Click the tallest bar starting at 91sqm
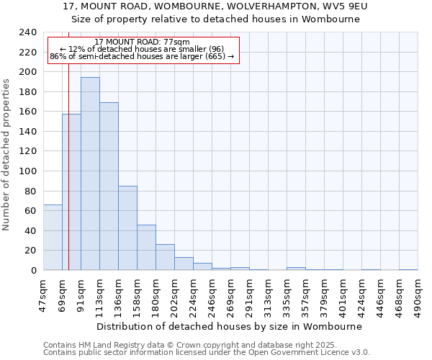pos(90,174)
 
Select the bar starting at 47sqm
pos(53,238)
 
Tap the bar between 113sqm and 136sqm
pos(109,186)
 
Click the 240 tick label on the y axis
pos(27,32)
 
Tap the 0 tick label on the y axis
pos(34,271)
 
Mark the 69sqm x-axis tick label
pos(62,295)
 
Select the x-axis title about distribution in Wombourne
pos(228,326)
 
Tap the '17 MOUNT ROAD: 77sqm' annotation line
pos(142,42)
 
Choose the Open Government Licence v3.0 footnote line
pos(207,353)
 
